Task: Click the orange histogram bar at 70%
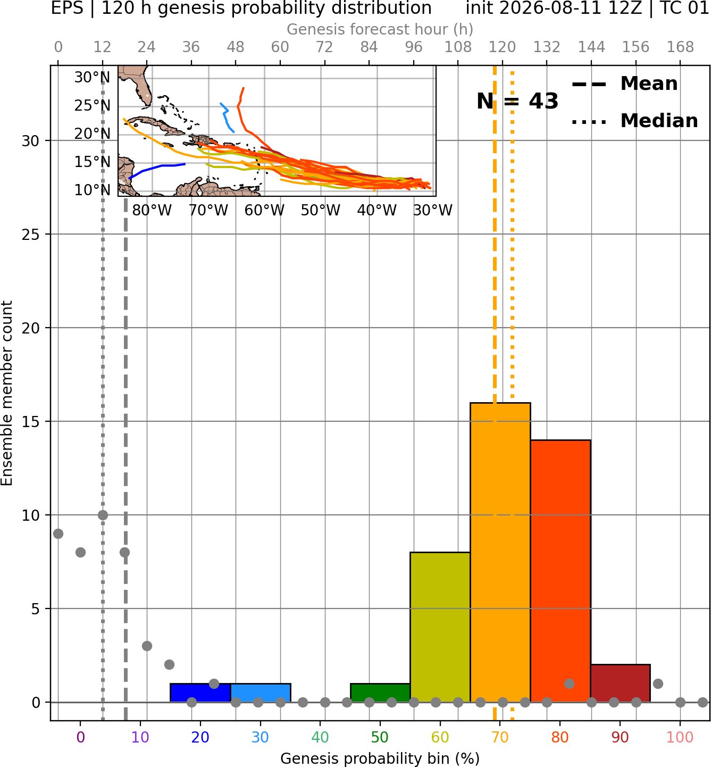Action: (x=500, y=552)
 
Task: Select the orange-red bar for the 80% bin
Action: (x=561, y=571)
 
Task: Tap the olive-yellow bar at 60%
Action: (x=440, y=627)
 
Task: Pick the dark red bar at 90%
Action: (x=620, y=683)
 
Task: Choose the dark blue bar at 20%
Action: (x=200, y=693)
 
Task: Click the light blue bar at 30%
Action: (x=261, y=693)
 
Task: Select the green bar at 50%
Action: (x=380, y=693)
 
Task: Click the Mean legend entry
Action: (x=624, y=84)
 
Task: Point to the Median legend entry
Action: (x=634, y=121)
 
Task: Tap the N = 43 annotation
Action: (x=517, y=101)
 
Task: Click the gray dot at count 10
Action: (x=103, y=515)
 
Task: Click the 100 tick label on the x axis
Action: (x=680, y=737)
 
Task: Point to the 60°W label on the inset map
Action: (x=264, y=211)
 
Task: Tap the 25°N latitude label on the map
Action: (x=93, y=105)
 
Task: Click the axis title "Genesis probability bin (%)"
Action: (x=380, y=758)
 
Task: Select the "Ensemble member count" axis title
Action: (x=6, y=393)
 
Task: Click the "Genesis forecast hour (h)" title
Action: (x=380, y=29)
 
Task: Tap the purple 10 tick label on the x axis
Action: (x=140, y=737)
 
